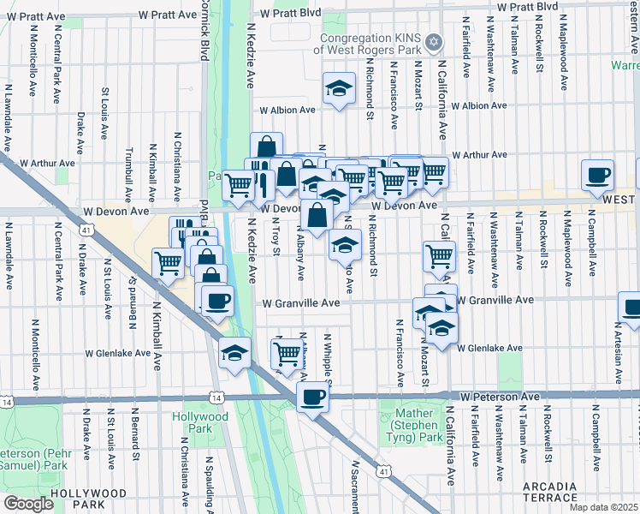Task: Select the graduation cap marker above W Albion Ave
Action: click(339, 88)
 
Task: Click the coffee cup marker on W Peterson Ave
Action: click(313, 397)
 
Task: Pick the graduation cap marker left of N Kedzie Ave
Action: click(234, 353)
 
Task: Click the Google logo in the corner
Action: click(28, 503)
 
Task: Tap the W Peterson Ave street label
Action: click(499, 397)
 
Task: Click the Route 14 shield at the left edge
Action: click(7, 401)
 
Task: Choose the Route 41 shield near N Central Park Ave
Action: click(86, 230)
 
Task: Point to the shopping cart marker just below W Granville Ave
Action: click(289, 352)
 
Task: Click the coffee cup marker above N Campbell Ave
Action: click(597, 175)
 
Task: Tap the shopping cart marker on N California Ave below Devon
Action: click(439, 255)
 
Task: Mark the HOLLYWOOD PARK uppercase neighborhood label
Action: click(89, 494)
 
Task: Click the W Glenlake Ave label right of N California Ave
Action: click(489, 348)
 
